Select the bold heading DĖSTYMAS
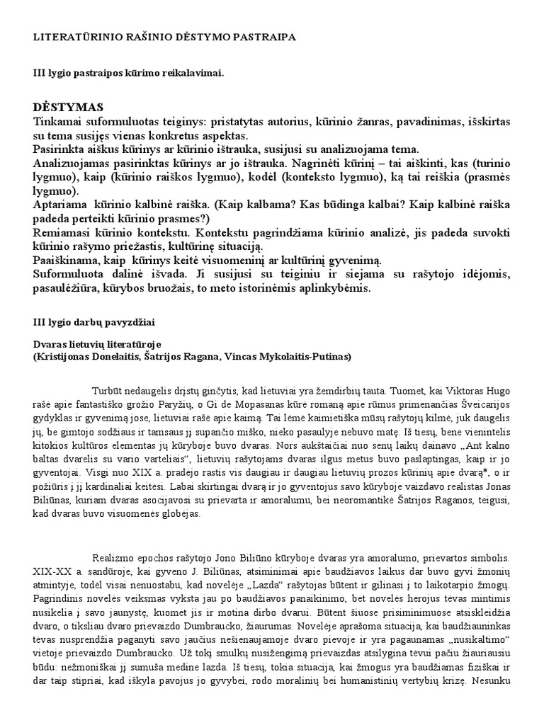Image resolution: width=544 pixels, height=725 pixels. click(x=68, y=107)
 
